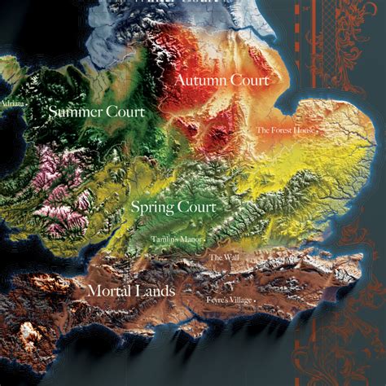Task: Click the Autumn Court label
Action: (x=222, y=81)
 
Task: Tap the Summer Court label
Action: (x=96, y=111)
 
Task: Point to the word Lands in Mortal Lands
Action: (x=152, y=291)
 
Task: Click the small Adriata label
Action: (x=11, y=103)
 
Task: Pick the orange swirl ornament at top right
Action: (x=350, y=33)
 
